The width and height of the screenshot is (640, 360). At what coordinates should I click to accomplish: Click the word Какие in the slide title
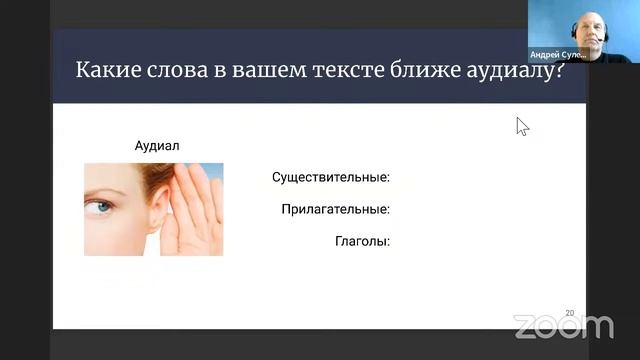coord(106,72)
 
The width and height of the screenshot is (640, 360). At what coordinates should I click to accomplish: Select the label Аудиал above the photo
coord(156,146)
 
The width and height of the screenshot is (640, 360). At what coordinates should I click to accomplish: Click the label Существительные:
coord(330,178)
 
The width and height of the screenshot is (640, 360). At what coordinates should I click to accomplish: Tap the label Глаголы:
coord(361,241)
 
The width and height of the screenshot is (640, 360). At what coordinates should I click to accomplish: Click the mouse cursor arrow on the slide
coord(521,125)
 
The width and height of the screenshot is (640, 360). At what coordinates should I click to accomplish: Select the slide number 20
coord(570,313)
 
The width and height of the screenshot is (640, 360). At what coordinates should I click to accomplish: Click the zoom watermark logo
coord(563,326)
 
